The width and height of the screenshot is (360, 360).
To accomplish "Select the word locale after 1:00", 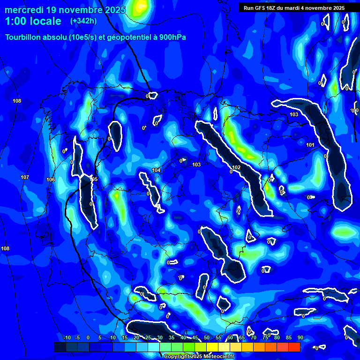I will pyautogui.click(x=45, y=21).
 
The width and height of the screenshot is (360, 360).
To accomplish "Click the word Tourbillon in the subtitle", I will pyautogui.click(x=23, y=37).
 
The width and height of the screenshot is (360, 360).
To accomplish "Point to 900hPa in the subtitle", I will pyautogui.click(x=172, y=37).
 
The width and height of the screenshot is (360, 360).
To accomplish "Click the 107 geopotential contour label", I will pyautogui.click(x=25, y=177).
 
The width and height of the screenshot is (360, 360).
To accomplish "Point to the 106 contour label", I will pyautogui.click(x=51, y=180).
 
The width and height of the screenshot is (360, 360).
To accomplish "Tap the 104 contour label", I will pyautogui.click(x=156, y=170).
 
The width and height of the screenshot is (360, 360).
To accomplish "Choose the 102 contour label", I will pyautogui.click(x=236, y=167).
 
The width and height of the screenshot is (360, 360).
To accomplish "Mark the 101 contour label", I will pyautogui.click(x=310, y=145).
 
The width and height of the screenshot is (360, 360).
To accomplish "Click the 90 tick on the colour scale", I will pyautogui.click(x=300, y=337).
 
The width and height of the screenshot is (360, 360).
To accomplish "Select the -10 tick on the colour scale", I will pyautogui.click(x=67, y=337).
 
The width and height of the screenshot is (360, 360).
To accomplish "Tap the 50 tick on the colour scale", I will pyautogui.click(x=206, y=337).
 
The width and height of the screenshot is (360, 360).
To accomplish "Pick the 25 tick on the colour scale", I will pyautogui.click(x=148, y=337).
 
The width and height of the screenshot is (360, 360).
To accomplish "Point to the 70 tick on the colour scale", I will pyautogui.click(x=253, y=337).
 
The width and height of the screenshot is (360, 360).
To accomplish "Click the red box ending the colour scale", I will pyautogui.click(x=294, y=347).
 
